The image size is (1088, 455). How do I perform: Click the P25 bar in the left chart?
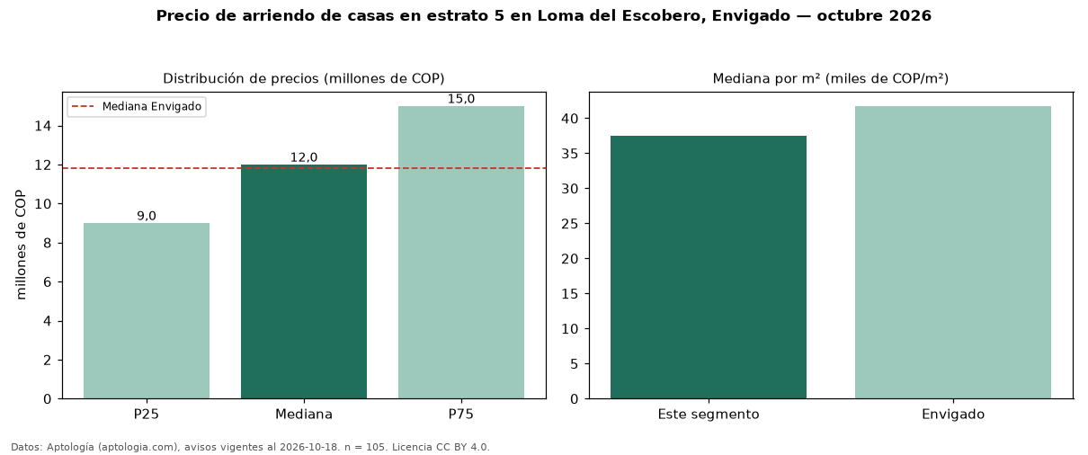[147, 311]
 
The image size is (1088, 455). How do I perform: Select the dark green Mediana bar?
[304, 281]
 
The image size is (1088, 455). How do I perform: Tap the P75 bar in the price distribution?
[461, 253]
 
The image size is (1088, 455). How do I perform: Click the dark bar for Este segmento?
[709, 267]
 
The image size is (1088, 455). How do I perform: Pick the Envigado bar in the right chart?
[953, 253]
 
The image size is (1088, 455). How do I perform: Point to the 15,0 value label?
[461, 99]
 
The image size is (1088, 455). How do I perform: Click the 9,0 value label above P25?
[147, 216]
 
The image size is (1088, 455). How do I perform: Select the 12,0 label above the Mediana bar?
[304, 157]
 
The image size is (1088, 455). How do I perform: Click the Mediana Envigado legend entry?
[137, 106]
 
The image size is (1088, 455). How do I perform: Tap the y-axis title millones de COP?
[21, 245]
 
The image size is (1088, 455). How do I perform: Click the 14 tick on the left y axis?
[43, 126]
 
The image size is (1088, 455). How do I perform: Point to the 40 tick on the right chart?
[570, 119]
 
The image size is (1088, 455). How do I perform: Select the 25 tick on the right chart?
[570, 224]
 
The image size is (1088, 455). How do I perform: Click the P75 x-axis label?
[461, 415]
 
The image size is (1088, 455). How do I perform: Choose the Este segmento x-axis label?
[709, 415]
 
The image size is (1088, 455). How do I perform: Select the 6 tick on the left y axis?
[47, 282]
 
